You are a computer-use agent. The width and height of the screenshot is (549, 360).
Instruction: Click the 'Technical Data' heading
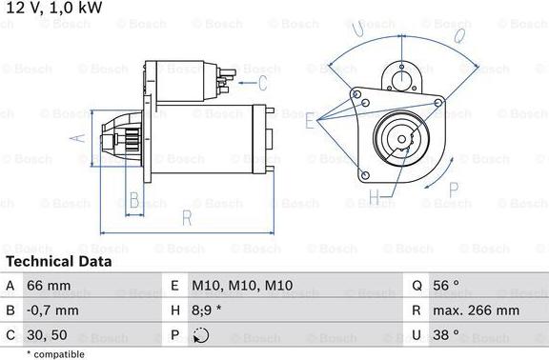pos(58,261)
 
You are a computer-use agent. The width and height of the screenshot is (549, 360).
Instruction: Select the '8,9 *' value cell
pos(209,310)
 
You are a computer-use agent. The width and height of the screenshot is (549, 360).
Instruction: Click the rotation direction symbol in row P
pos(200,335)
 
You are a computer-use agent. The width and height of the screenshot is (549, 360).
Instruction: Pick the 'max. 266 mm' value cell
pos(478,310)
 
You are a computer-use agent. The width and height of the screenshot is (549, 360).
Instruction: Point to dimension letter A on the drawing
pos(80,138)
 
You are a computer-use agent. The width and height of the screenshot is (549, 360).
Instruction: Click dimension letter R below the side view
pos(187,219)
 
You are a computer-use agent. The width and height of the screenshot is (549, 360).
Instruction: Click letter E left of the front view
pos(309,122)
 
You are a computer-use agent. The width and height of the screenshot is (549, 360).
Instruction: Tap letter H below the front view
pos(375,198)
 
